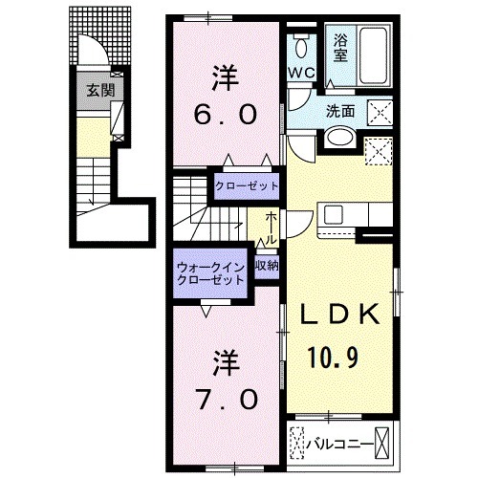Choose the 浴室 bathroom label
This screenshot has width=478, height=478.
(340, 48)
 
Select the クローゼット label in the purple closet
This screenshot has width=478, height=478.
(247, 185)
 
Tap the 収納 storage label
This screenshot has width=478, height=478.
(267, 267)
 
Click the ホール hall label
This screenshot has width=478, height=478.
(272, 228)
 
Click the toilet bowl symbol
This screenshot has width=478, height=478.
(301, 46)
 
